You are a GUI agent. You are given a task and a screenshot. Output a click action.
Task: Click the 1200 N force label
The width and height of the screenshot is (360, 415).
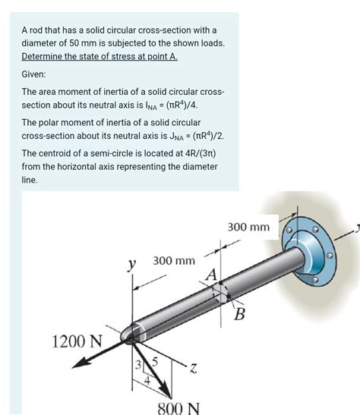point(75,340)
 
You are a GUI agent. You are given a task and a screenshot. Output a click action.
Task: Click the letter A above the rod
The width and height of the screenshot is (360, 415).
point(212,273)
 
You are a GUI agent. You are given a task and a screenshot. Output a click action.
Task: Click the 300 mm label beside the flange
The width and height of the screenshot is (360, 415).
point(248,227)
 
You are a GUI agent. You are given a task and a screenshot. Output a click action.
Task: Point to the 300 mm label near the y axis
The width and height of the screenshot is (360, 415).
point(174,261)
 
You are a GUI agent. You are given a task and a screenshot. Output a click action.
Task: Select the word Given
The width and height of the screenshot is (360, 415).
point(34,74)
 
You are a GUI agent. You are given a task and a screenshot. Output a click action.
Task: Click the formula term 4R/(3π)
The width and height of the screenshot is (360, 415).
point(194,152)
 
